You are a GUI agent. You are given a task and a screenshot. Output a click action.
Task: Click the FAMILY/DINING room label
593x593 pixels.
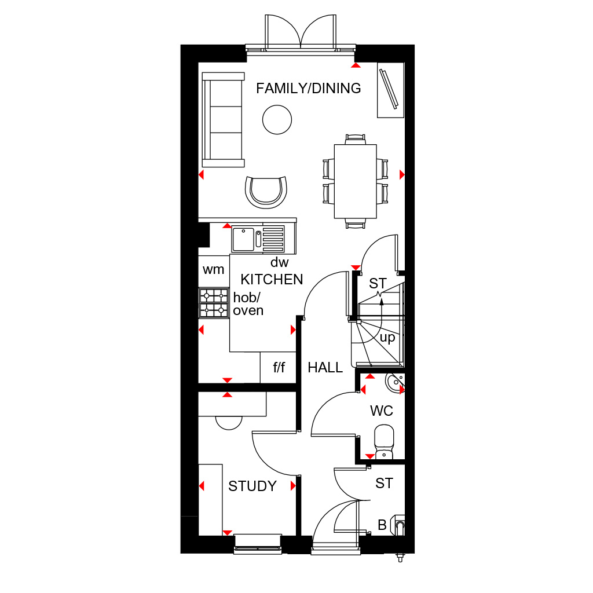coord(308,89)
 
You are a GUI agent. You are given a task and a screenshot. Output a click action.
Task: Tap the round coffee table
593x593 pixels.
coord(277,119)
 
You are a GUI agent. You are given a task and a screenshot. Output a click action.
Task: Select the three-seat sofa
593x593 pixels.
coord(223,119)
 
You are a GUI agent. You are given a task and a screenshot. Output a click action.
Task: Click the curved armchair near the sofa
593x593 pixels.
coord(266,192)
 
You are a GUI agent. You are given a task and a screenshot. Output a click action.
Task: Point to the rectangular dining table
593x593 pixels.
coord(355,181)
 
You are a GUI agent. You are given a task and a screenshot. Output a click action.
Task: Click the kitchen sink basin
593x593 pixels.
coord(243,239)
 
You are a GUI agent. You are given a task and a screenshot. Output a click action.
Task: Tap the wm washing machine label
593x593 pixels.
coord(213,270)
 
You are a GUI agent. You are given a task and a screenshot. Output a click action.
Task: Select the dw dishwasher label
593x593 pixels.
coord(280,262)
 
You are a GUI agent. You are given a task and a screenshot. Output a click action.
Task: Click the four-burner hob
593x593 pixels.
coord(214,302)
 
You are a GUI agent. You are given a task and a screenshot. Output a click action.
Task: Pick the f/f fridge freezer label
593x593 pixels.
coord(279,367)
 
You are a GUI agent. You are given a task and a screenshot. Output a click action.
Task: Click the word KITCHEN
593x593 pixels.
coord(272,280)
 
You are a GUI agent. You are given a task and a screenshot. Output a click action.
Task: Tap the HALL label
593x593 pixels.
coord(325,368)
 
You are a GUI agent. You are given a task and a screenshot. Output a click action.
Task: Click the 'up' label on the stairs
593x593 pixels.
coord(387,338)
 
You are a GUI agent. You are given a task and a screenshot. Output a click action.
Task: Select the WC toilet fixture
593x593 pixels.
coord(384,442)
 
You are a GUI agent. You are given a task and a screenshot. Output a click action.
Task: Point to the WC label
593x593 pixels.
coord(382,411)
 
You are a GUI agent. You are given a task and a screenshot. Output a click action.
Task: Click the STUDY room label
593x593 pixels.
coord(252,486)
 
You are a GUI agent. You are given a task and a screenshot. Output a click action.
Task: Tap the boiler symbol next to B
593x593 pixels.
coord(398,525)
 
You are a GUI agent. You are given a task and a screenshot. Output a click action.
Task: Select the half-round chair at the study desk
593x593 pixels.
coord(229,423)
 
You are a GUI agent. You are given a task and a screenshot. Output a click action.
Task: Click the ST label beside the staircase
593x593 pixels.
coord(378,283)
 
